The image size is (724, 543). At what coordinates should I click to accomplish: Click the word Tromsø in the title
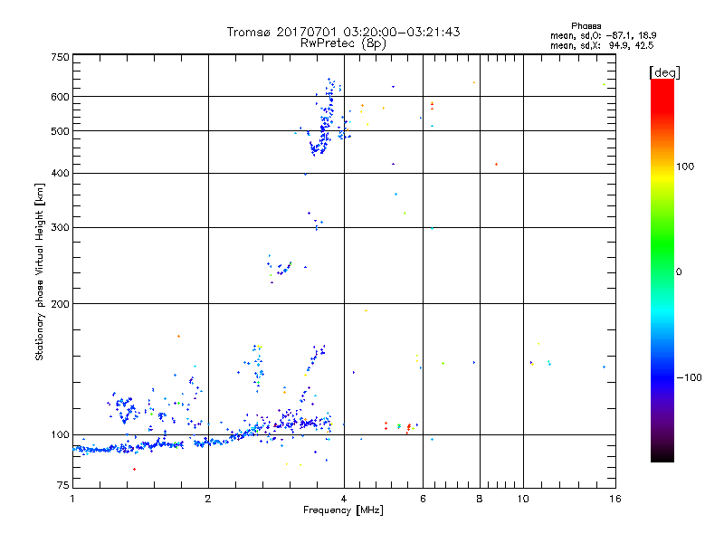coord(248,32)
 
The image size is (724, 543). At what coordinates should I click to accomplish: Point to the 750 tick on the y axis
coord(60,56)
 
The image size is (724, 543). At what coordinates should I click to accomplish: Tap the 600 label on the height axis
coord(60,96)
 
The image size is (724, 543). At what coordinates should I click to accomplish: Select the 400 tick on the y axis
coord(60,173)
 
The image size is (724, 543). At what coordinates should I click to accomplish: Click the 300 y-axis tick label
coord(60,227)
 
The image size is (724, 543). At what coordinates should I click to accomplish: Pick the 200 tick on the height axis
coord(60,303)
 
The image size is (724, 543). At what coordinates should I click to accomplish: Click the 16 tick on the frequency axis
coord(614,499)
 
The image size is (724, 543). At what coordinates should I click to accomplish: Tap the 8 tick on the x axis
coord(480,499)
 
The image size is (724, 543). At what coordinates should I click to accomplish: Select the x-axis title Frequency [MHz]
coord(343,510)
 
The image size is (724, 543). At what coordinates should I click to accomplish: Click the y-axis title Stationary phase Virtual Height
coord(40,271)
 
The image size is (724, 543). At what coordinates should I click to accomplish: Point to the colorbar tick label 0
coord(679,271)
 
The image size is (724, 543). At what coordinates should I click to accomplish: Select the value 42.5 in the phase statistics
coord(643,43)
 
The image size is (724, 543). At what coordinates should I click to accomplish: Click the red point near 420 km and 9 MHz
coord(496,164)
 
